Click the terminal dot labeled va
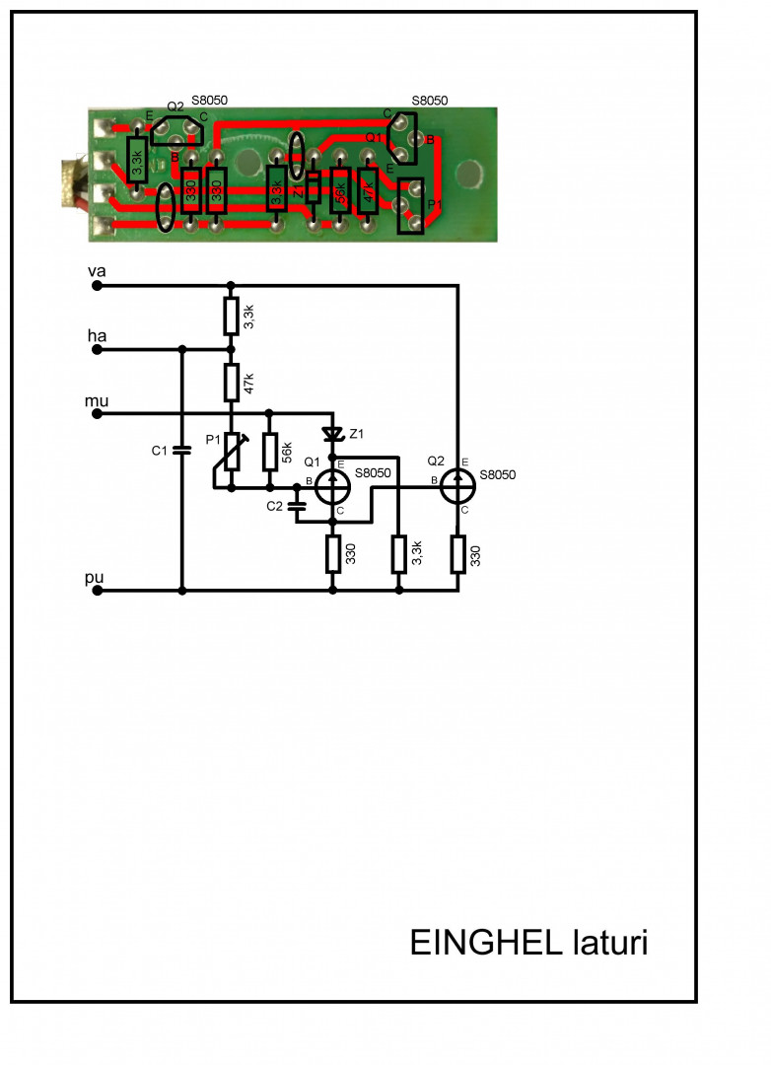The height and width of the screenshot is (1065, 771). [x=97, y=286]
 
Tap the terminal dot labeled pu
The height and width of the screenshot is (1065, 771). [x=97, y=591]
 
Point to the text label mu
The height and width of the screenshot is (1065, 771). [x=97, y=401]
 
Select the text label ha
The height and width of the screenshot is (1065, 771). [x=97, y=336]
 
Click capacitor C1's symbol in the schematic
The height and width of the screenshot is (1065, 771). [x=181, y=451]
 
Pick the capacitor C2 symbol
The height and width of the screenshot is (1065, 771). [x=297, y=506]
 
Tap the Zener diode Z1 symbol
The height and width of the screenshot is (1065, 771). [x=332, y=434]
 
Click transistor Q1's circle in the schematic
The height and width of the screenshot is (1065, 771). [x=332, y=484]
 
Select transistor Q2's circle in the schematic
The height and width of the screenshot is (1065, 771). [x=457, y=484]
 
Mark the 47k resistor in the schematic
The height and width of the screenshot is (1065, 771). [x=231, y=381]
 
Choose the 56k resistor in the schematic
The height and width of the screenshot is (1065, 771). [x=269, y=452]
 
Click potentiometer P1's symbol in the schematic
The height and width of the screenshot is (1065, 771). [x=231, y=452]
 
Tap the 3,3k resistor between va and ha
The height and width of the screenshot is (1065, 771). [x=231, y=317]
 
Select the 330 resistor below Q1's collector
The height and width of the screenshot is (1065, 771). [x=332, y=555]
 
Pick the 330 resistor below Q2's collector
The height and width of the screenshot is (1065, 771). [x=457, y=554]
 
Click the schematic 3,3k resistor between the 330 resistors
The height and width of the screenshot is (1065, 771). [x=398, y=554]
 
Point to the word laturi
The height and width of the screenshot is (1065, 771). [x=609, y=943]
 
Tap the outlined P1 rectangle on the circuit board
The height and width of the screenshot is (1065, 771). [x=411, y=206]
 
